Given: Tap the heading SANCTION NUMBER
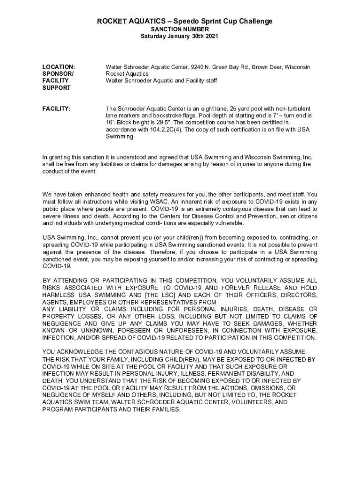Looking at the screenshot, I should (x=180, y=29).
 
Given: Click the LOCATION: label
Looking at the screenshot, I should (x=59, y=67).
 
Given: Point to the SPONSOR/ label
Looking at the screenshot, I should (x=58, y=74).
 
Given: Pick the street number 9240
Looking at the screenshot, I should (x=199, y=67).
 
